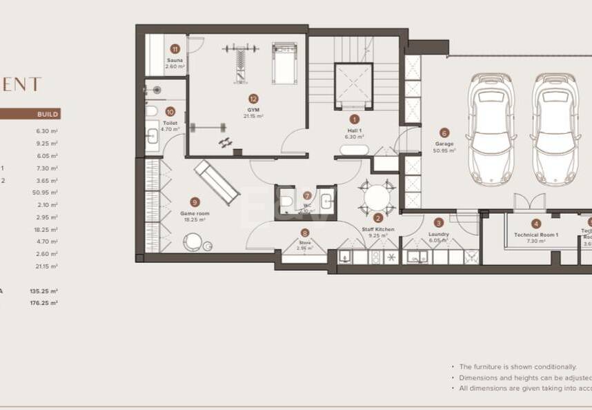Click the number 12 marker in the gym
tap(253, 99)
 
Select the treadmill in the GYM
tap(284, 64)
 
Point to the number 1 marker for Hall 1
tap(355, 119)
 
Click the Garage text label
tap(444, 144)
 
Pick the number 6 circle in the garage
tap(444, 133)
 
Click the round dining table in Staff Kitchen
tap(377, 198)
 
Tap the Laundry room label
tap(439, 234)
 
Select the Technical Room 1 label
tap(536, 235)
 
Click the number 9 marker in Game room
tap(195, 202)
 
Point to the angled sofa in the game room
tap(217, 182)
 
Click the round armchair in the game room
tap(193, 242)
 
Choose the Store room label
tap(305, 243)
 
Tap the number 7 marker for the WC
tap(307, 195)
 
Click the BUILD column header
tap(47, 114)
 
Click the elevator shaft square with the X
tap(354, 86)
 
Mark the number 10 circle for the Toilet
tap(170, 110)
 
